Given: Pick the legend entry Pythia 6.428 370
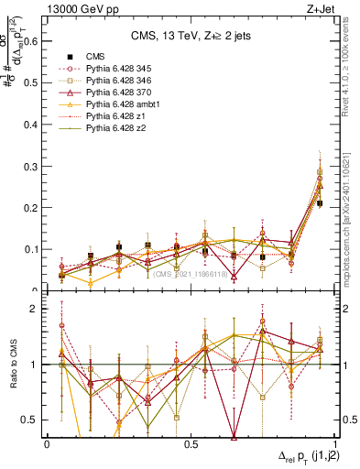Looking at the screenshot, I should tap(115, 93).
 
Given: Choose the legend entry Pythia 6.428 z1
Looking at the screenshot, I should tap(110, 116).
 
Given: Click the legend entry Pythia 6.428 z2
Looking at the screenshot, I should tap(110, 129).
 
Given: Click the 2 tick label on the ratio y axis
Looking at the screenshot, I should tap(36, 310).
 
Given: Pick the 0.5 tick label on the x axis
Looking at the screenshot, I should tap(191, 443).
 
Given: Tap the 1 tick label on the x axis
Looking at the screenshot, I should tap(334, 443).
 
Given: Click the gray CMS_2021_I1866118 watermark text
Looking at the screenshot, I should tap(190, 274).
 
